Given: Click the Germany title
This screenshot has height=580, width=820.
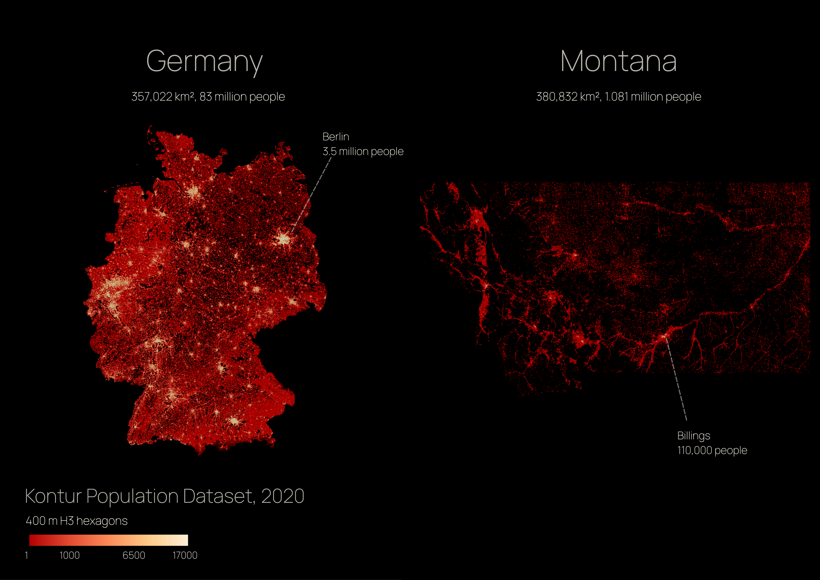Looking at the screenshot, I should coord(204,62).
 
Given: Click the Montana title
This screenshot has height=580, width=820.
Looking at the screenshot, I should coord(618,62).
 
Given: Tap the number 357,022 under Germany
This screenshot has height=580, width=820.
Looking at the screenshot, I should coord(152,97).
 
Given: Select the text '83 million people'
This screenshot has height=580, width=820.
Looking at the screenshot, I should coord(242,97).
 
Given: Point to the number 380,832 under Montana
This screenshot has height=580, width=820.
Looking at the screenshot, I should coord(556,97).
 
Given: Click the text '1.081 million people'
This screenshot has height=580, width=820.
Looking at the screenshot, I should coord(653,97).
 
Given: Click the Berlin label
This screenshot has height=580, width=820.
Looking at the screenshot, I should coord(336,137).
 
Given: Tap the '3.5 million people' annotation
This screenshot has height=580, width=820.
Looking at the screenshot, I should coord(363,151).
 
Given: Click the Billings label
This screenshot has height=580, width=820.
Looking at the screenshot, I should coord(694,436).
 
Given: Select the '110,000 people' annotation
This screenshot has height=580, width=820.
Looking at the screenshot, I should coord(712,450).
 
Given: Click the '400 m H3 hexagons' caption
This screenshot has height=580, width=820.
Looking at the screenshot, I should coord(76,521).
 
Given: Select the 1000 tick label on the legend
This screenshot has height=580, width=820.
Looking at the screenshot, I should coord(70,555).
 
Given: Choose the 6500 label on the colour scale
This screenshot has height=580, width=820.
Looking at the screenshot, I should coord(134,555).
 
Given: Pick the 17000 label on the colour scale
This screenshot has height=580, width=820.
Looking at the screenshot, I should coord(185,555).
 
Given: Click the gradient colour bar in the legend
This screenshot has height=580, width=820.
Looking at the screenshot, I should coord(108,540).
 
